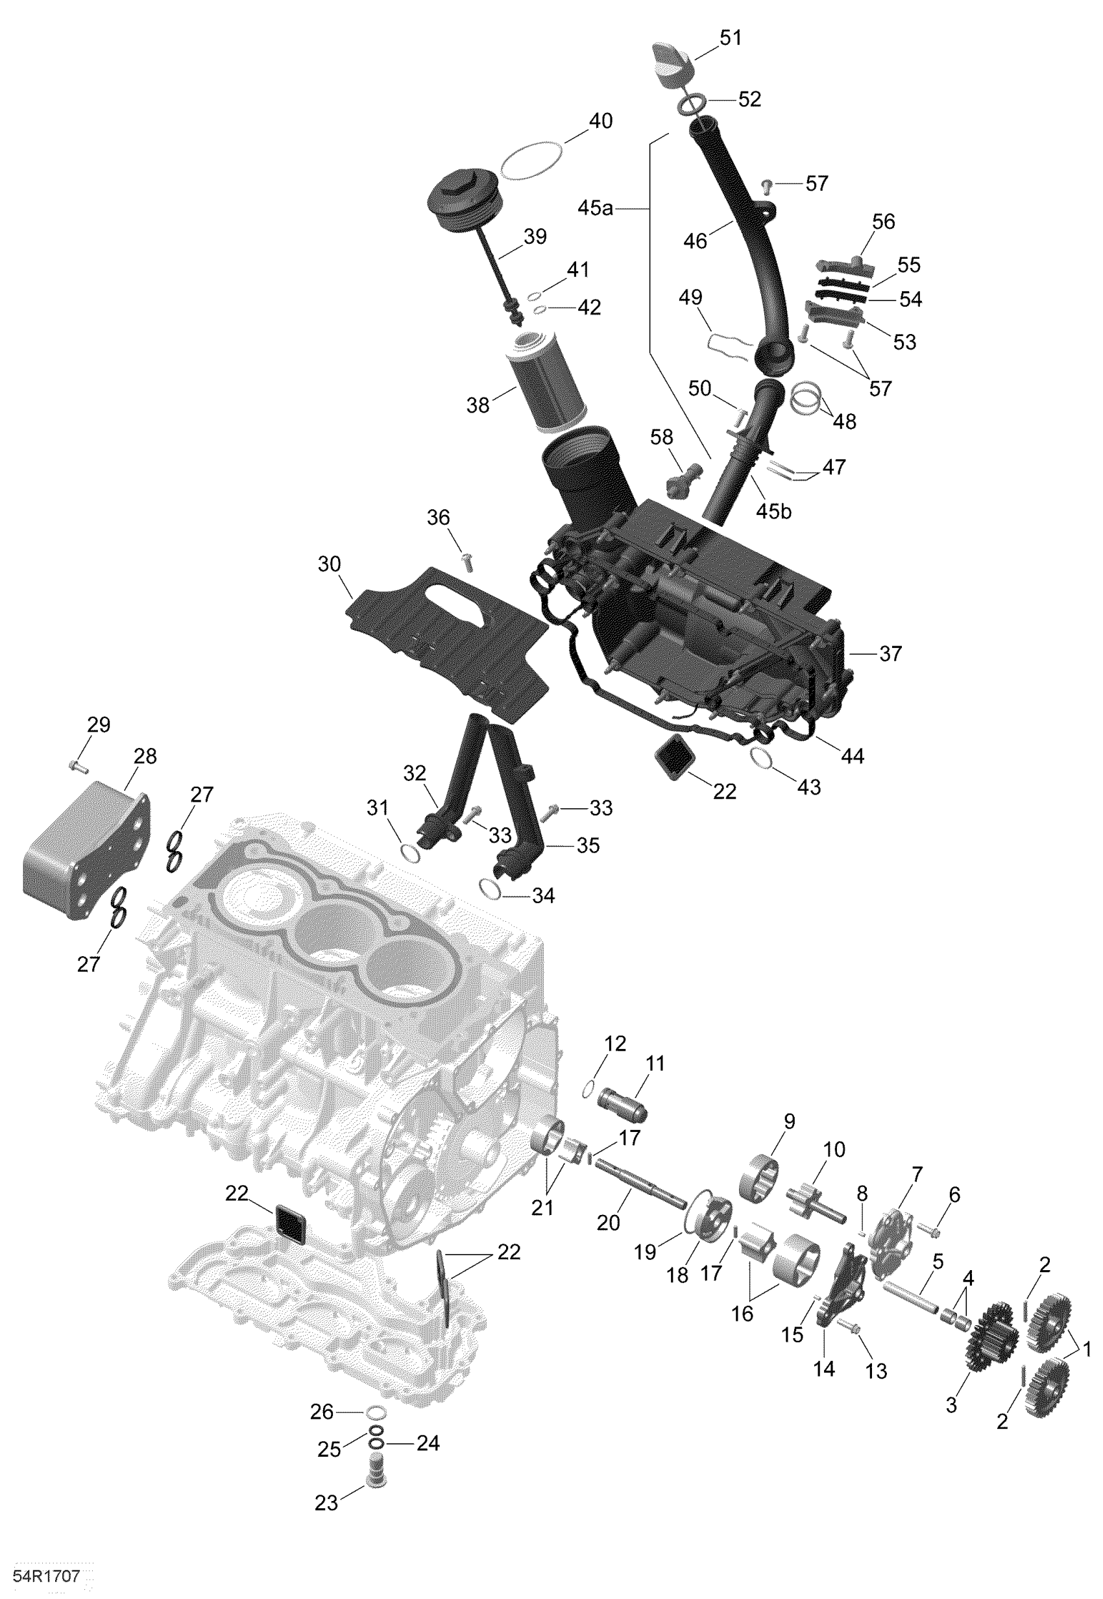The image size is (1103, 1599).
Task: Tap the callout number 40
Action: (600, 121)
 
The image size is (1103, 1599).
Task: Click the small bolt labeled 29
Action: (77, 766)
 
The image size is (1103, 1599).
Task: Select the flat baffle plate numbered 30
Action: (449, 639)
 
